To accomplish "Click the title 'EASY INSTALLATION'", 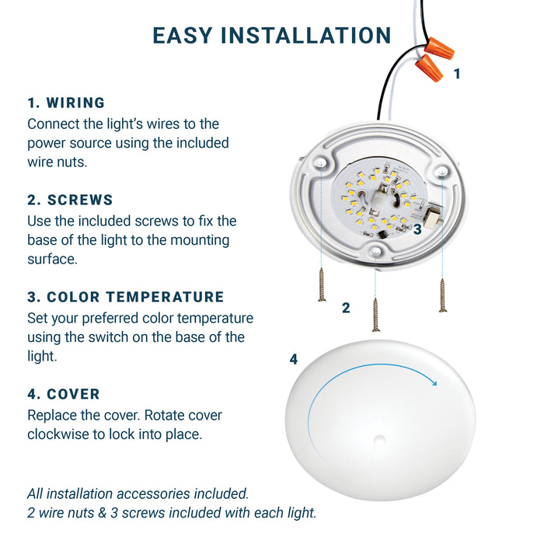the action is tap(272, 36).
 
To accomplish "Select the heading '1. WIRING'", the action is tap(66, 103).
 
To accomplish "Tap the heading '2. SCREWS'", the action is tap(70, 200).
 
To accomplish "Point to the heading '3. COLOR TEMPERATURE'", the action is tap(126, 297).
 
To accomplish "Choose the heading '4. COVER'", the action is tap(64, 394).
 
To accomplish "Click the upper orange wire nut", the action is tap(439, 48).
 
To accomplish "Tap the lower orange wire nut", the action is tap(429, 68).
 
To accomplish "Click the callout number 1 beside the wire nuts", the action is tap(457, 74).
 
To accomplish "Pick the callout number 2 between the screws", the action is tap(346, 308).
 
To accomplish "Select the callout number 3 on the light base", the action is tap(417, 229).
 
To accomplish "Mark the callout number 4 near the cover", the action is tap(294, 359).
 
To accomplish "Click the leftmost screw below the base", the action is tap(322, 284).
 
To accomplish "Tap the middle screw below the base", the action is tap(375, 315).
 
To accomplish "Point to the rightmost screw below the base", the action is tap(442, 295).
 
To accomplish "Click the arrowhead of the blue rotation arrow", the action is tap(433, 382).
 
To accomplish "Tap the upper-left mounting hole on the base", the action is tap(319, 162).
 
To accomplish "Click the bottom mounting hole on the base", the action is tap(375, 251).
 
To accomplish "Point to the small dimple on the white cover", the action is tap(379, 440).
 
